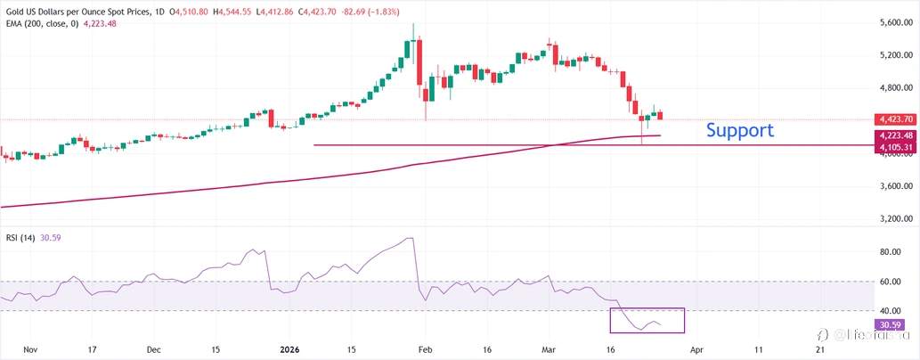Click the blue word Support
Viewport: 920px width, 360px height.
pyautogui.click(x=739, y=130)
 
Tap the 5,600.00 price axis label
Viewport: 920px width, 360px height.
pyautogui.click(x=894, y=23)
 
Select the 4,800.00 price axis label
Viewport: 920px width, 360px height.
pyautogui.click(x=894, y=88)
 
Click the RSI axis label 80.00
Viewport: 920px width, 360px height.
pyautogui.click(x=891, y=252)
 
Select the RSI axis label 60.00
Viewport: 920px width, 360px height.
pyautogui.click(x=891, y=282)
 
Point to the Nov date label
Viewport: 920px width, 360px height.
pyautogui.click(x=29, y=350)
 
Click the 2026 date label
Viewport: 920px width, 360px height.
pyautogui.click(x=292, y=350)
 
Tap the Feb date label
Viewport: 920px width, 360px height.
pyautogui.click(x=426, y=350)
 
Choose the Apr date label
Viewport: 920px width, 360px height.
pyautogui.click(x=698, y=350)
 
